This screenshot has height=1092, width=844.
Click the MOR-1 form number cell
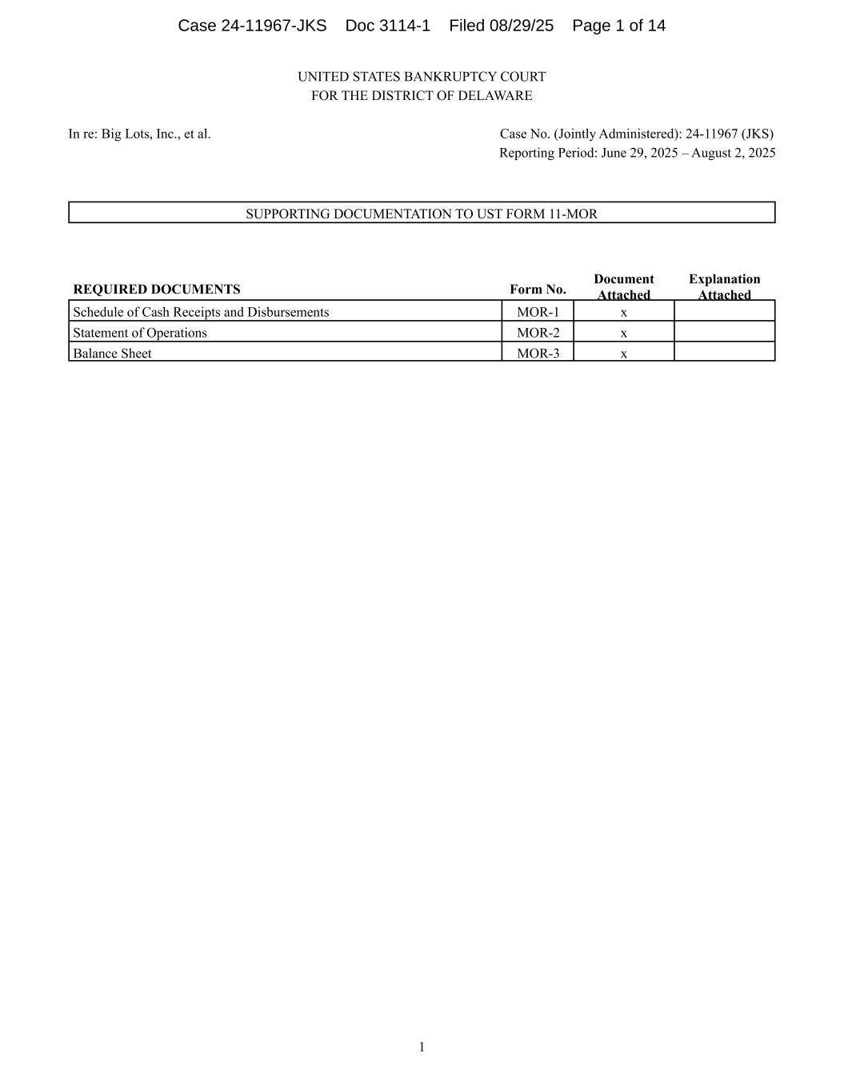[x=538, y=312]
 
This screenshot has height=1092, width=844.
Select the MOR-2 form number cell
[x=538, y=333]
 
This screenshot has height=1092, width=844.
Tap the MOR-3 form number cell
[x=538, y=354]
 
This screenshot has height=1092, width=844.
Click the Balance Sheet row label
[x=112, y=354]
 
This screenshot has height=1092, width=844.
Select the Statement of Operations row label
[x=140, y=333]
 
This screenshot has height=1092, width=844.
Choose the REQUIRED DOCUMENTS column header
[x=157, y=290]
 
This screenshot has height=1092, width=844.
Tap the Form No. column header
[x=538, y=290]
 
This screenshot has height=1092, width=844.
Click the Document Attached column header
[x=624, y=286]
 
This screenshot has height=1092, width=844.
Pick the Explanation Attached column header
[x=724, y=286]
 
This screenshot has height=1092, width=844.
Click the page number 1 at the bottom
[x=422, y=1047]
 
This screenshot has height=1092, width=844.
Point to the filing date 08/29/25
[x=523, y=26]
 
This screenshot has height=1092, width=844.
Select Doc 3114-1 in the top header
[x=388, y=26]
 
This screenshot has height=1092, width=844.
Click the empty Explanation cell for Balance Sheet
[x=724, y=352]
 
